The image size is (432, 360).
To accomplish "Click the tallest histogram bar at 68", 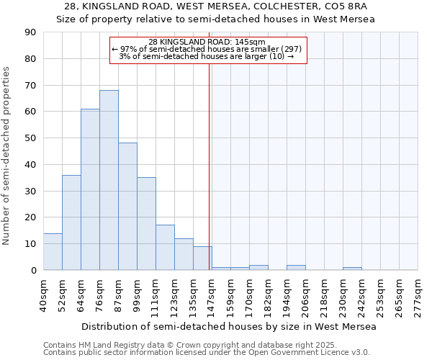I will (x=109, y=180).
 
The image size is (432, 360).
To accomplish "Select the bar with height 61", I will (x=90, y=189).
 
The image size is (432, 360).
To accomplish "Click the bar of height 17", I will (x=165, y=248).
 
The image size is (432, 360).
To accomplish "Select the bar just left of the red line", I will (x=202, y=258).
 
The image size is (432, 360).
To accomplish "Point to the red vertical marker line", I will (x=210, y=158).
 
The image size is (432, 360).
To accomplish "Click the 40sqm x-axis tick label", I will (x=44, y=296).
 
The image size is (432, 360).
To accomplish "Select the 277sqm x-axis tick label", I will (x=418, y=296).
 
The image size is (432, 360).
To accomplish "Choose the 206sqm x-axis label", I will (x=306, y=296).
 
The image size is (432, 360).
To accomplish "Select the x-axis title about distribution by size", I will (x=229, y=327).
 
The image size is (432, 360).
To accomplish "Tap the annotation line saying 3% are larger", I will (x=207, y=56).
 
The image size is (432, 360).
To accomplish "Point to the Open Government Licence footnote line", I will (x=207, y=353).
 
